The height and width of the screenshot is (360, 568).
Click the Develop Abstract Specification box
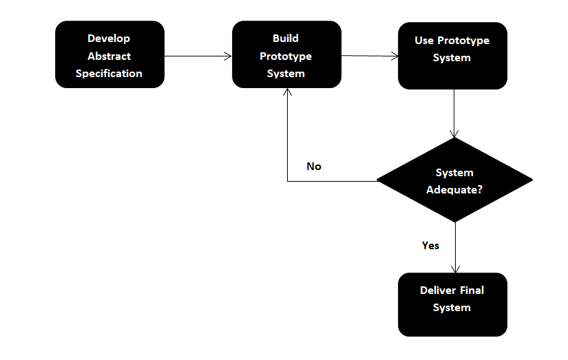coord(109,55)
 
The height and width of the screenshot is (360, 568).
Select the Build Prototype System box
coord(286,55)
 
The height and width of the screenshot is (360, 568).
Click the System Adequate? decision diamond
coord(454,181)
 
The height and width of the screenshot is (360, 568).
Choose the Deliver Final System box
coord(452,304)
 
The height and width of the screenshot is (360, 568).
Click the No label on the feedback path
coord(314,167)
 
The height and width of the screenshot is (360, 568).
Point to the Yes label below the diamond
coord(430,245)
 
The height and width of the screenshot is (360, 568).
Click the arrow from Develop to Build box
coord(198,56)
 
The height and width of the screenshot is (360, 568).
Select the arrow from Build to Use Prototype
coord(370,56)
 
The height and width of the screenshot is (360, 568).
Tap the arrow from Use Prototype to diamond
coord(454,114)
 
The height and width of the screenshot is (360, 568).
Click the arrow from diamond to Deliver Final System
coord(454,248)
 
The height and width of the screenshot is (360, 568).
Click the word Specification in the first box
coord(109,74)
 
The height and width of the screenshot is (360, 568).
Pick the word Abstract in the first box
coord(109,56)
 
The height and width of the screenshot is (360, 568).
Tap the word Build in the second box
coord(286,39)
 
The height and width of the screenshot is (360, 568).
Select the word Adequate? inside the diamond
coord(454,190)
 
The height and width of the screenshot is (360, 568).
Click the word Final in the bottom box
coord(472,290)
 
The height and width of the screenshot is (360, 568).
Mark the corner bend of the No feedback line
coord(287,181)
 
